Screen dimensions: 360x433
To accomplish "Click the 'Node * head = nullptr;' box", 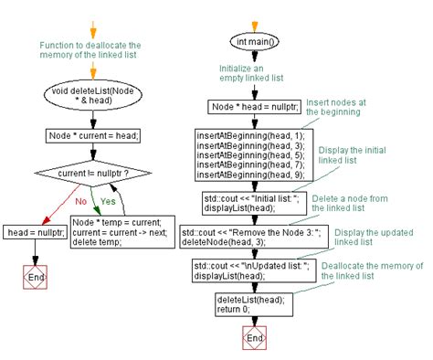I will pos(248,107).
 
